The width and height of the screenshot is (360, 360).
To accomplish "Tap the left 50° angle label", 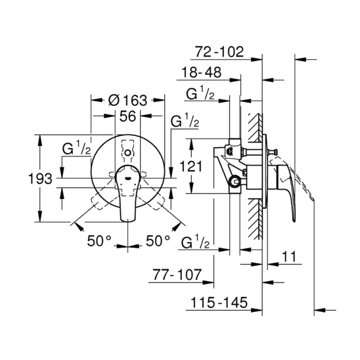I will [x=99, y=241].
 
